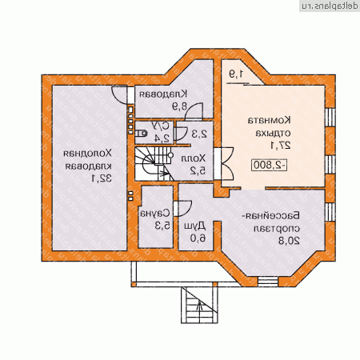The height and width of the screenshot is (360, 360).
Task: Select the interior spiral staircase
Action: (x=149, y=164)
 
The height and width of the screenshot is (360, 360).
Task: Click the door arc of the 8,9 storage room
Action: (x=119, y=96)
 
